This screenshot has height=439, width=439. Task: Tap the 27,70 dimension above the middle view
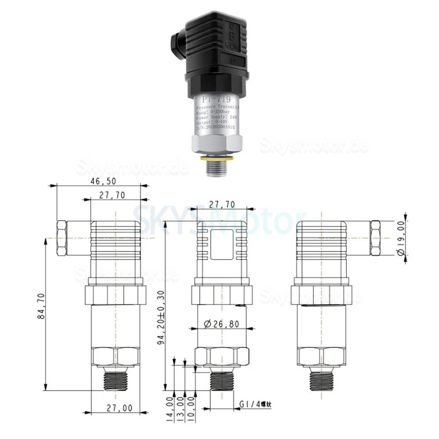tap(223, 204)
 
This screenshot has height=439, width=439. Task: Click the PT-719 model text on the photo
tap(216, 99)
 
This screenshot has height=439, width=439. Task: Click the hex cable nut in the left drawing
tap(62, 238)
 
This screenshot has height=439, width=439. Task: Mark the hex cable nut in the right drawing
tap(375, 238)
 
